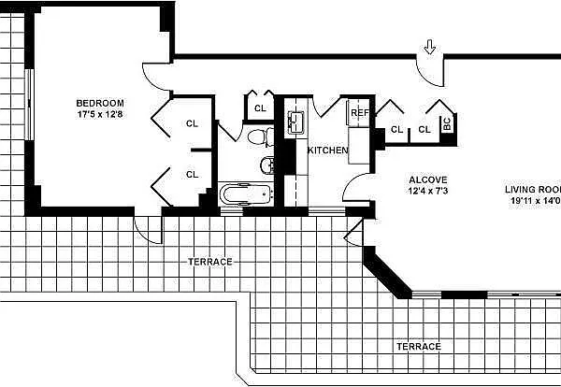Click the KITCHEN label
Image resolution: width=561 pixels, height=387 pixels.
click(328, 150)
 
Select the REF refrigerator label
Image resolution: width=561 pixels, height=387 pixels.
click(359, 113)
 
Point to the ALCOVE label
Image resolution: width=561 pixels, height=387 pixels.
click(428, 179)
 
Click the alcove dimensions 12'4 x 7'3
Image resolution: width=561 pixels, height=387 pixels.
click(428, 192)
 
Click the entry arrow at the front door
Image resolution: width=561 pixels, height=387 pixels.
click(430, 47)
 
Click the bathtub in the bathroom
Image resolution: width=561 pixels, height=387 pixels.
click(245, 194)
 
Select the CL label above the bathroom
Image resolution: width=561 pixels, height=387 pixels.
click(259, 108)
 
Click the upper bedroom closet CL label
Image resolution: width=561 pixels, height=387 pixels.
click(192, 122)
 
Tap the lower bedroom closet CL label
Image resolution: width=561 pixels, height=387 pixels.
click(192, 174)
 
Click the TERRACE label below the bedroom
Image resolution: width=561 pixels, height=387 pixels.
click(209, 261)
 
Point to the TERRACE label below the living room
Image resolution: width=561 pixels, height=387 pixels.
click(417, 346)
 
